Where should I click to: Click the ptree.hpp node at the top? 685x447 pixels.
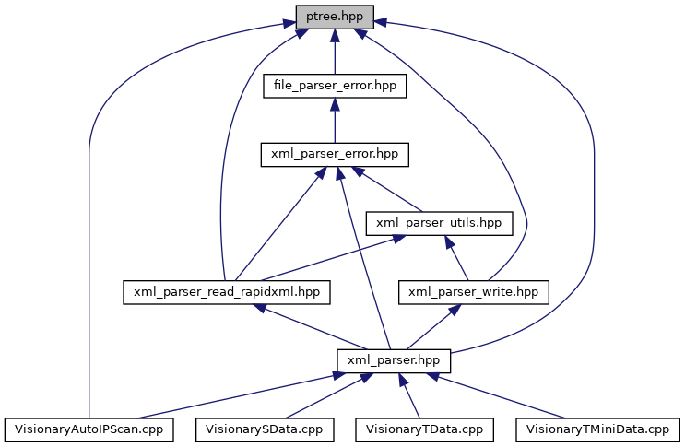click(335, 16)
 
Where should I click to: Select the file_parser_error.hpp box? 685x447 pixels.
click(335, 86)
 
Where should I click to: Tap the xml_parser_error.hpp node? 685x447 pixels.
click(335, 154)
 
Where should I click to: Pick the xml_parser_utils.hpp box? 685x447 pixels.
click(438, 222)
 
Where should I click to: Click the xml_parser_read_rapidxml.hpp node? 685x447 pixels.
click(227, 291)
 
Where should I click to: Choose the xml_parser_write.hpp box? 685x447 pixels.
click(473, 291)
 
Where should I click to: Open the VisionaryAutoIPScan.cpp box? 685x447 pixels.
click(89, 429)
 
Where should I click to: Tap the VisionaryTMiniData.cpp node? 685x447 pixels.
click(596, 429)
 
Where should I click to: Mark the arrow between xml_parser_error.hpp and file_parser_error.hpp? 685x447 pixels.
click(335, 122)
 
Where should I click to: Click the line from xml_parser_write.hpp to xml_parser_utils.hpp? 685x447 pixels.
click(456, 258)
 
